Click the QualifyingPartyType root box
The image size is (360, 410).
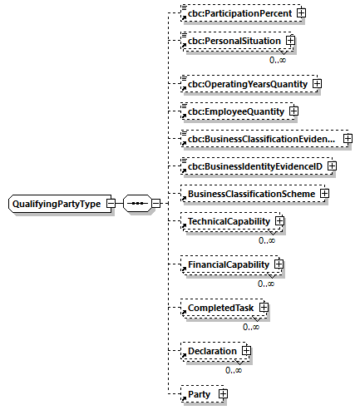[x=56, y=203]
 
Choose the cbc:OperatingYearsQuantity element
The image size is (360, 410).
[x=247, y=84]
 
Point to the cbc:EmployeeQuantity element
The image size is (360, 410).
[x=235, y=111]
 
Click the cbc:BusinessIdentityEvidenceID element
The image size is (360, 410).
[x=254, y=166]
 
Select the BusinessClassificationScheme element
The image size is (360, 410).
[x=250, y=194]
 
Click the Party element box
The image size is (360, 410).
[x=200, y=393]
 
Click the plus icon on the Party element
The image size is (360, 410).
[x=222, y=393]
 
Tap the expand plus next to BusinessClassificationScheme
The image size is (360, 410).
[x=324, y=194]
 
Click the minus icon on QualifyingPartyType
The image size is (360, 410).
[x=110, y=203]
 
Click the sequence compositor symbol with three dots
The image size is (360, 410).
[x=136, y=203]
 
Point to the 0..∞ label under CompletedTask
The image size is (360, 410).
[x=252, y=327]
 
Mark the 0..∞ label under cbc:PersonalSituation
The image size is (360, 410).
[x=278, y=60]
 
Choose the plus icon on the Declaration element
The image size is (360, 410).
[x=246, y=352]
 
